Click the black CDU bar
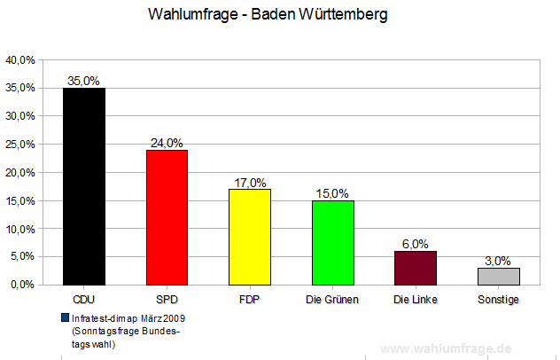[84, 186]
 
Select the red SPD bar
[167, 217]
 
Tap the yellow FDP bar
[250, 237]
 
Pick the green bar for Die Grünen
[333, 242]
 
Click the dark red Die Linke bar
[416, 268]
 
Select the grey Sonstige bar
[499, 276]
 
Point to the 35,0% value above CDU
[84, 81]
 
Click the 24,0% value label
[167, 143]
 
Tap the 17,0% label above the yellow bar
[250, 183]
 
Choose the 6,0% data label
[416, 245]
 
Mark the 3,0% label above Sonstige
[499, 261]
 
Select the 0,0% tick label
[22, 285]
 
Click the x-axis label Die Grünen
[333, 300]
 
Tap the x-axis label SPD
[167, 300]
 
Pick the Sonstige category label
[499, 300]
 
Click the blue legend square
[65, 317]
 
